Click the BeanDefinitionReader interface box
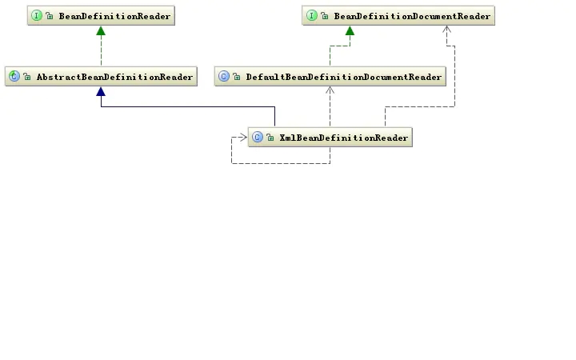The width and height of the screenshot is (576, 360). (x=101, y=15)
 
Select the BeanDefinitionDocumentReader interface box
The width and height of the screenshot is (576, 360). (x=398, y=15)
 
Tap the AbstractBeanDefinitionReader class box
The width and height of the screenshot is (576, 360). (x=101, y=77)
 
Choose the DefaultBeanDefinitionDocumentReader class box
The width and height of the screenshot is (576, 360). (x=330, y=77)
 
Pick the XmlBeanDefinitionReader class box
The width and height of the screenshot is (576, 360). (x=330, y=138)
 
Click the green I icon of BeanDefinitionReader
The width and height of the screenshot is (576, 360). (x=36, y=15)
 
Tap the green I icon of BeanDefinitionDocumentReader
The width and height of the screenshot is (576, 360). (x=311, y=15)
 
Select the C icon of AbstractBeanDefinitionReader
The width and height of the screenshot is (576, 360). (x=14, y=76)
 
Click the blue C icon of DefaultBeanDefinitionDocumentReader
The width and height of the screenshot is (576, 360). (x=224, y=76)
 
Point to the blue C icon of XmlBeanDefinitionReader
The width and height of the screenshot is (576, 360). (x=258, y=137)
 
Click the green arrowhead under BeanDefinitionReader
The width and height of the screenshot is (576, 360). (x=101, y=31)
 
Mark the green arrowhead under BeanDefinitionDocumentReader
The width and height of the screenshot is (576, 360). (x=350, y=31)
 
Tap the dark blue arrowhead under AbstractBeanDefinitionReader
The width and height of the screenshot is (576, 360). (x=101, y=91)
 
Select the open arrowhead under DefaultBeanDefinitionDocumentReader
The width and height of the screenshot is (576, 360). (x=330, y=90)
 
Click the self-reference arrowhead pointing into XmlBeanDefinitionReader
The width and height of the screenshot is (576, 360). (x=243, y=138)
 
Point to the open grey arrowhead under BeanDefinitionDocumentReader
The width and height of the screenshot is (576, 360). (x=446, y=30)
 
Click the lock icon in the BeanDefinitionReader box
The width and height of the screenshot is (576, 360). (x=50, y=16)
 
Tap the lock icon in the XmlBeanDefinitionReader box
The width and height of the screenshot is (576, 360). (x=270, y=138)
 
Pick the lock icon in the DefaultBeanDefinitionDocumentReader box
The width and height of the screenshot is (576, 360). (x=237, y=77)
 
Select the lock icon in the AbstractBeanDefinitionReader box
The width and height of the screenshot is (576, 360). (x=27, y=77)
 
